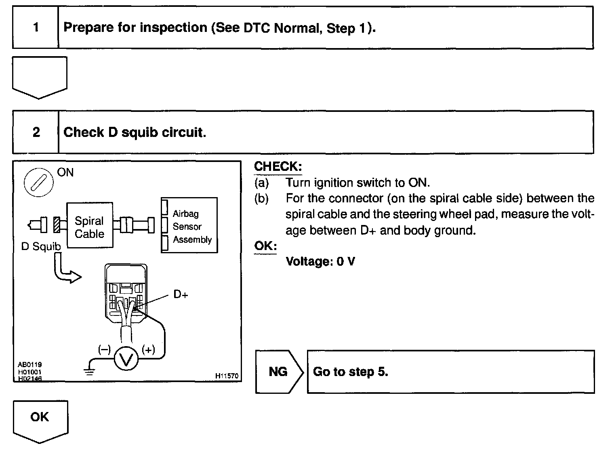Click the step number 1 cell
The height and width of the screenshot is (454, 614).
tap(36, 27)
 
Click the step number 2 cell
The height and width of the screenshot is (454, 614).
tap(36, 132)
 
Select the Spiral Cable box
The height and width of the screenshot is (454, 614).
tap(89, 225)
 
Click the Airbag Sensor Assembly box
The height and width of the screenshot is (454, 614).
tap(189, 225)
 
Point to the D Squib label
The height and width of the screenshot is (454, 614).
tap(41, 246)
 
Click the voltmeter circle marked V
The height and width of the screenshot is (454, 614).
tap(126, 359)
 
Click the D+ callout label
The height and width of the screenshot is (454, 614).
tap(181, 294)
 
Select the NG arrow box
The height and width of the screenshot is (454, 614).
tap(279, 372)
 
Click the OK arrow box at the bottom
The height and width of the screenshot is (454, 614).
tap(40, 420)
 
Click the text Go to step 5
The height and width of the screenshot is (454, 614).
tap(350, 372)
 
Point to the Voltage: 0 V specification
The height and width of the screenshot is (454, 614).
tap(320, 261)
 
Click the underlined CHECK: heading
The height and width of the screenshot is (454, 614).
tap(278, 166)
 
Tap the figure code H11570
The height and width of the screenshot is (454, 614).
tap(227, 376)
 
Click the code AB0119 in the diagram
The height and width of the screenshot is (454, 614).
tap(29, 364)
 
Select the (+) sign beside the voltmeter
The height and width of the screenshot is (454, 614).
tap(148, 349)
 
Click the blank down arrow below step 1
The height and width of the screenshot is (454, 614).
tap(40, 77)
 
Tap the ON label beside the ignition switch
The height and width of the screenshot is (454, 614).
tap(65, 172)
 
